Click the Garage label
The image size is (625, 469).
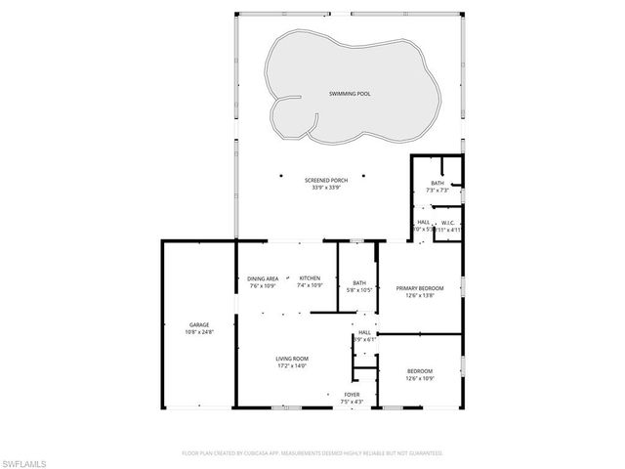198,324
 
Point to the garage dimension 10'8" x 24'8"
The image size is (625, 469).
198,332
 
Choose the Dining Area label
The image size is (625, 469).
263,278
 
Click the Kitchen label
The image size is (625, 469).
311,278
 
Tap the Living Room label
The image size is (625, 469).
291,359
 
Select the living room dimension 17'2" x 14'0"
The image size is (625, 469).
291,366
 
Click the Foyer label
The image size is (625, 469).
352,394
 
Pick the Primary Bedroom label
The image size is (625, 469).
420,288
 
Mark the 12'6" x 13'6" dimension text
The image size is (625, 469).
420,296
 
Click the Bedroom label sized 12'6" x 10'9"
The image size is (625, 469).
419,370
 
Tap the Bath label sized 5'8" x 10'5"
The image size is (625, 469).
359,283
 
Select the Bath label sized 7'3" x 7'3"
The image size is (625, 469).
437,183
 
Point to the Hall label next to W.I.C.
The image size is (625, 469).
424,222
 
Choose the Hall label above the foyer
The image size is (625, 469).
363,332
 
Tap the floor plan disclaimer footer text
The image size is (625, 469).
312,452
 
